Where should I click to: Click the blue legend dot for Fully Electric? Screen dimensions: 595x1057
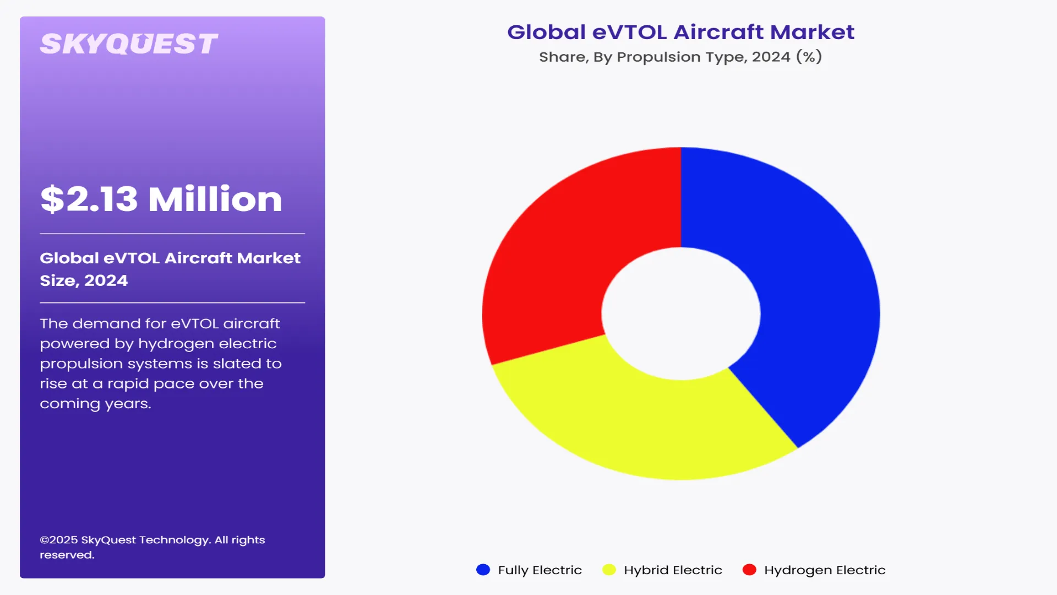[x=483, y=570]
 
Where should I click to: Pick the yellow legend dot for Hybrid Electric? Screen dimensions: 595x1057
[x=609, y=570]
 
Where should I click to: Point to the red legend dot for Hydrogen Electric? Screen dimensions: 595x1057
[x=749, y=570]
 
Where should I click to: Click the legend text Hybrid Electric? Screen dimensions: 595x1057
[x=673, y=570]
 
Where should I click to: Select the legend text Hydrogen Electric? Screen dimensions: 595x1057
[x=825, y=570]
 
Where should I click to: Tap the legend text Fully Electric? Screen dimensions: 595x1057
[x=540, y=570]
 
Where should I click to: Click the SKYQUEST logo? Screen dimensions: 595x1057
[x=129, y=44]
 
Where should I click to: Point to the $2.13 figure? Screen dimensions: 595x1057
[x=89, y=199]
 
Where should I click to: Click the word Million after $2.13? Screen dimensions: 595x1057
[x=215, y=199]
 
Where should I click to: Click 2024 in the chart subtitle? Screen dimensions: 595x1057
[x=771, y=57]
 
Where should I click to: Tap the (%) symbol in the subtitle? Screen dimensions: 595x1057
[x=809, y=57]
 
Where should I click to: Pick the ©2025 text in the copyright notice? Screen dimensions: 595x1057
[x=59, y=540]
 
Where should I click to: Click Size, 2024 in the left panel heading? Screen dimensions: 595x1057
[x=84, y=280]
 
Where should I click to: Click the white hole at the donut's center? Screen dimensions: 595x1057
[x=681, y=313]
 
